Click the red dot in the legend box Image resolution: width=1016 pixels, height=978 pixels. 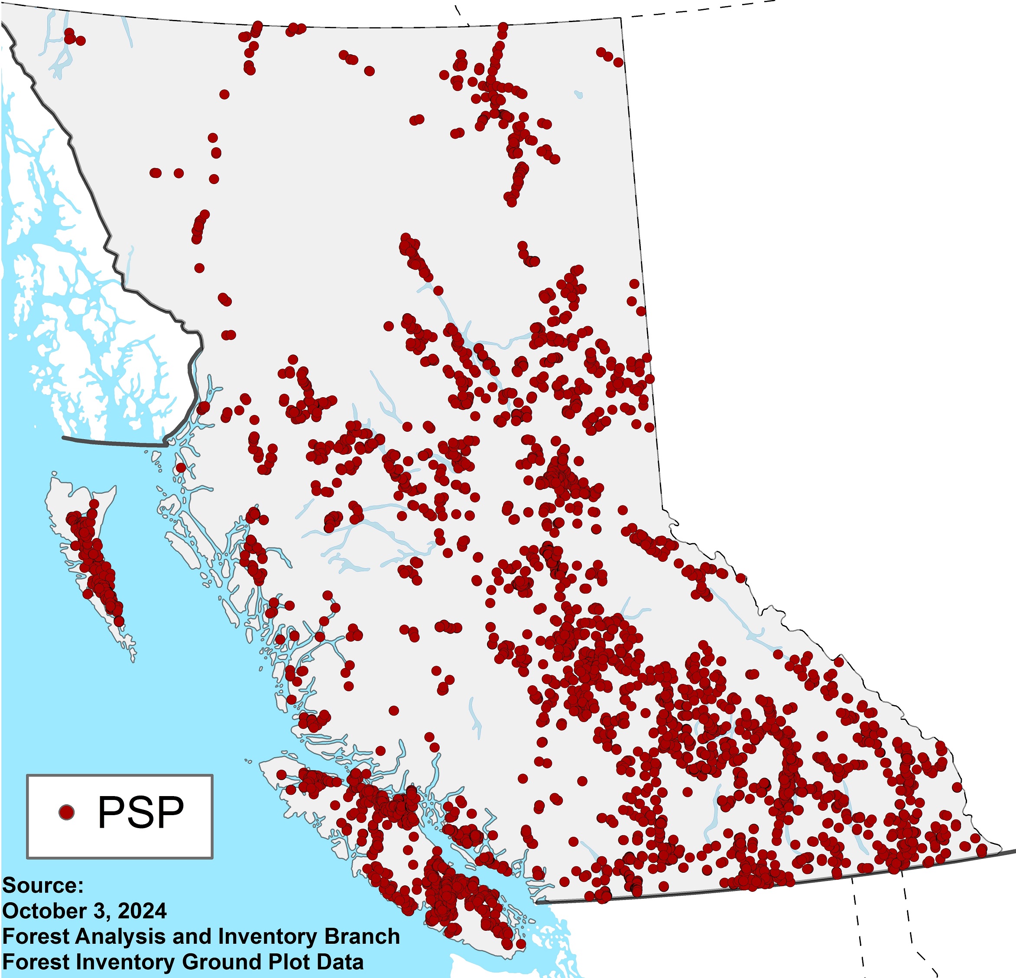[x=66, y=812]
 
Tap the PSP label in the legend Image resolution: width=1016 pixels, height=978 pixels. [x=140, y=812]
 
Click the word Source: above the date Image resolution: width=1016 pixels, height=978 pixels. [x=42, y=886]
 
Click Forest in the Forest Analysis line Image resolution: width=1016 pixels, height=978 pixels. [x=36, y=936]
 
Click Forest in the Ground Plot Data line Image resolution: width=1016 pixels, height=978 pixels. [x=36, y=962]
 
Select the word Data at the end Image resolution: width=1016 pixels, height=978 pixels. [x=340, y=962]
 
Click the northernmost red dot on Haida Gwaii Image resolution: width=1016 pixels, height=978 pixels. [x=94, y=503]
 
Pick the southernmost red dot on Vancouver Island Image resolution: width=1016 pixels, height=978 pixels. [x=520, y=944]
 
